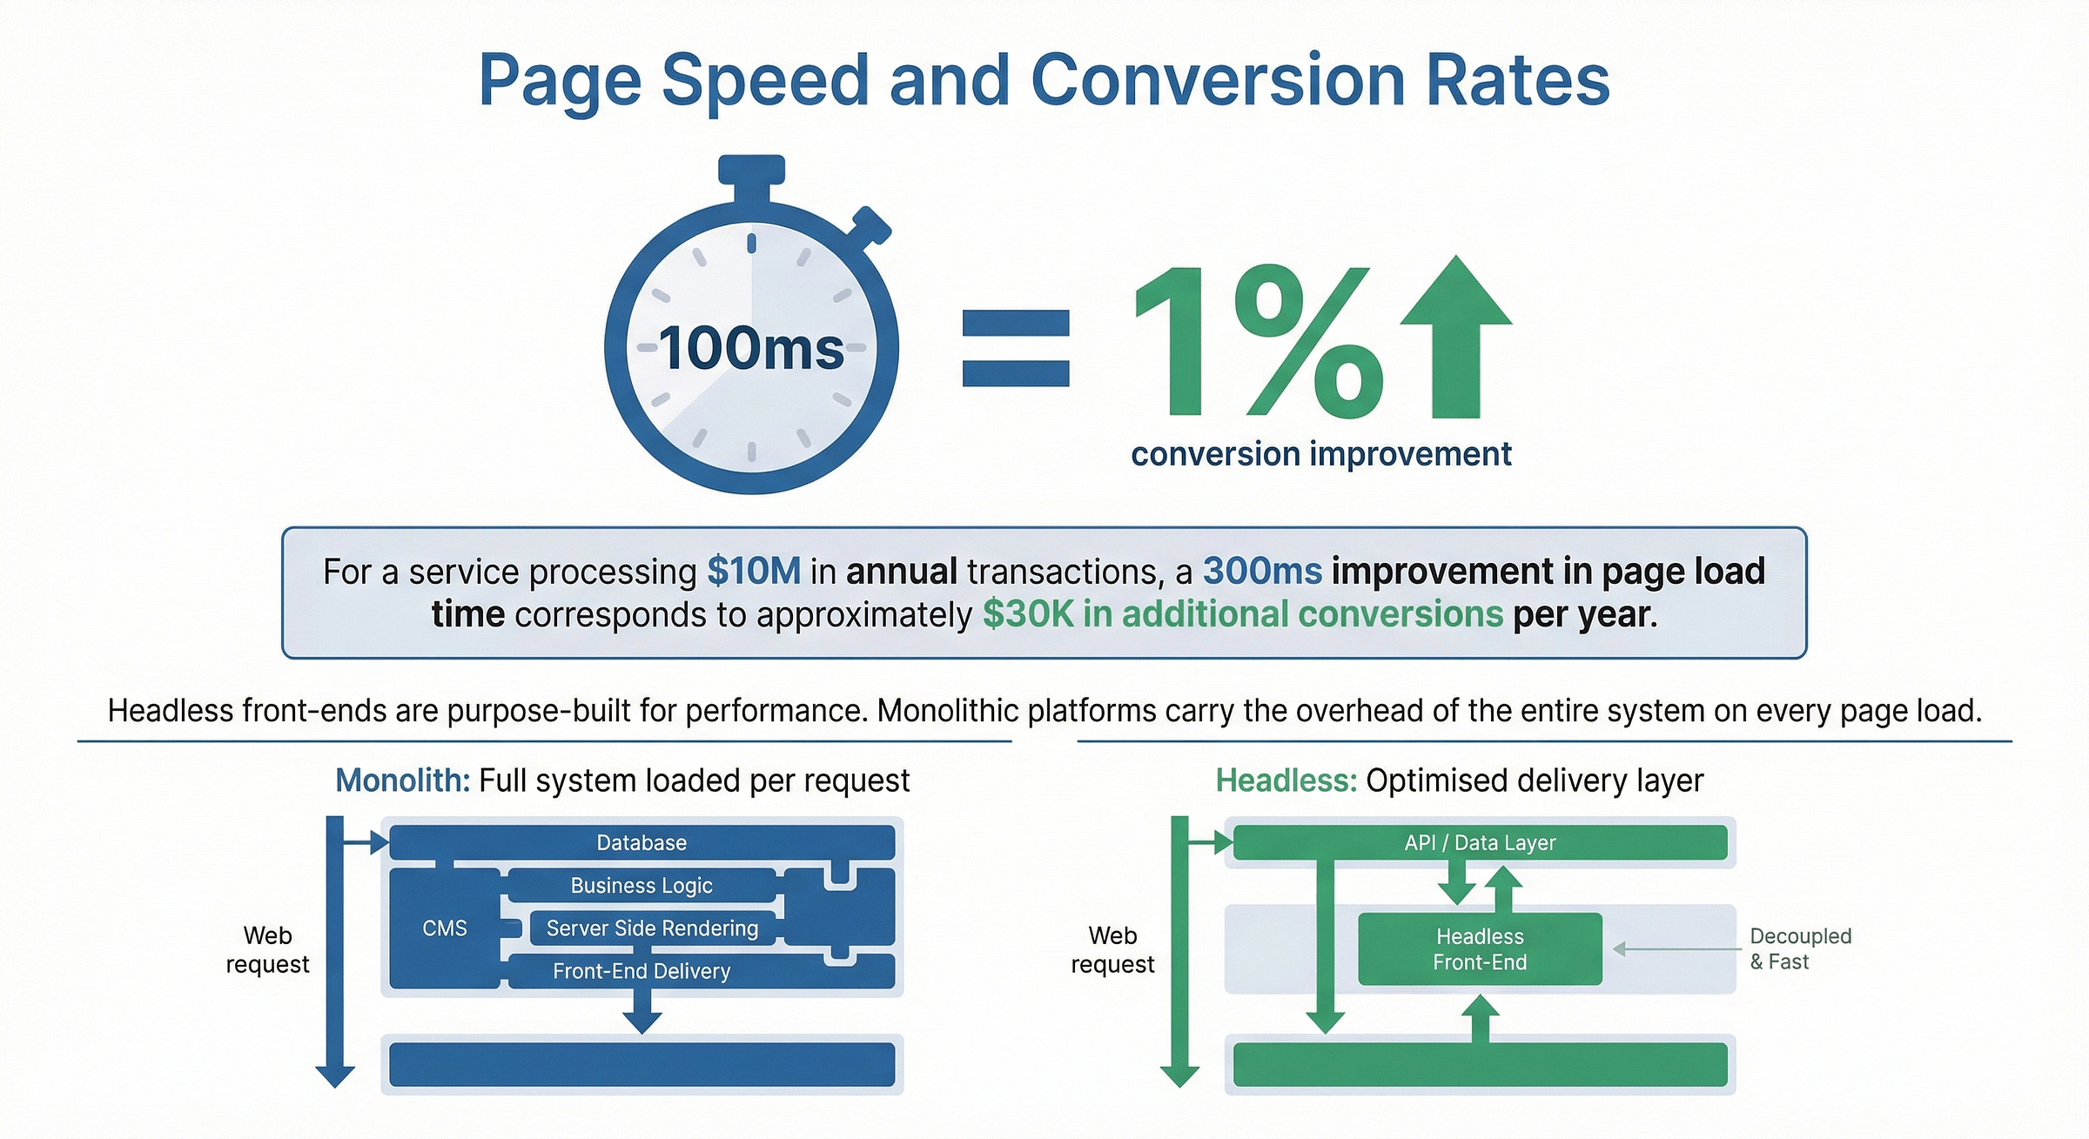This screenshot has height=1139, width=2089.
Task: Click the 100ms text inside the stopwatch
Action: (x=750, y=349)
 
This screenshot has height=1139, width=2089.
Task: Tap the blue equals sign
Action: (x=1015, y=348)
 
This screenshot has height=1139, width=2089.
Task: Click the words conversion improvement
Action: (x=1320, y=454)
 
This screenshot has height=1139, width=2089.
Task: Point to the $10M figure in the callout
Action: (x=754, y=572)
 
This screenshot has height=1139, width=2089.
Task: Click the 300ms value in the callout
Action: (x=1262, y=572)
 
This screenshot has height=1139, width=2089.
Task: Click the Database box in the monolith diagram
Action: (x=641, y=842)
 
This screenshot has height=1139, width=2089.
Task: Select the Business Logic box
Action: (x=641, y=885)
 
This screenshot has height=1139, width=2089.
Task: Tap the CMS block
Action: (x=445, y=928)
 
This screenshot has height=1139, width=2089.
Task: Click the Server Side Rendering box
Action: (x=652, y=928)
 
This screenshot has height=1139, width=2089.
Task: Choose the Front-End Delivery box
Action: (x=641, y=971)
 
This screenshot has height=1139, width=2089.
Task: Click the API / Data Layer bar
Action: (x=1480, y=842)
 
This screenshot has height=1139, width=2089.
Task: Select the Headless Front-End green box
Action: (x=1480, y=949)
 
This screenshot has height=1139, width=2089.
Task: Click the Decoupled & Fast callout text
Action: (x=1799, y=949)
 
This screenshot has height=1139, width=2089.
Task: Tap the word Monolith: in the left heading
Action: (x=403, y=781)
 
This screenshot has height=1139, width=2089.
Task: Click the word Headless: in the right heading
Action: (x=1286, y=781)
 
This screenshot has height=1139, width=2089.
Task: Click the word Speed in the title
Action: (x=765, y=81)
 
